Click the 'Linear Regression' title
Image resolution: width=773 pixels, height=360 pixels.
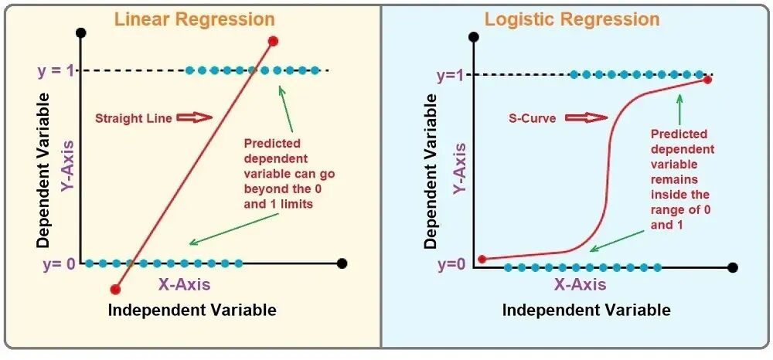tap(194, 19)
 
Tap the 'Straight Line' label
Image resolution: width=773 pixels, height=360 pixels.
tap(129, 118)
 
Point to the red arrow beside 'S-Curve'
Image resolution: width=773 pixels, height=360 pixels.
tap(586, 118)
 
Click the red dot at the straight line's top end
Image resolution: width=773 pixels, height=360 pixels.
tap(273, 41)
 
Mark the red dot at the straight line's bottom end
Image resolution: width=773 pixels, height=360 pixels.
tap(115, 289)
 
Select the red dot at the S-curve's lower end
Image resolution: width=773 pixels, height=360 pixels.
tap(483, 260)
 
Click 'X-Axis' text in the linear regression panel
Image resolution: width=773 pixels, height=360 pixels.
tap(184, 284)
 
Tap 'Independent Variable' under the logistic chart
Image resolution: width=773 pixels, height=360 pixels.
tap(586, 310)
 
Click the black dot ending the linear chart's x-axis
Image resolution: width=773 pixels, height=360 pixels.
tap(342, 263)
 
